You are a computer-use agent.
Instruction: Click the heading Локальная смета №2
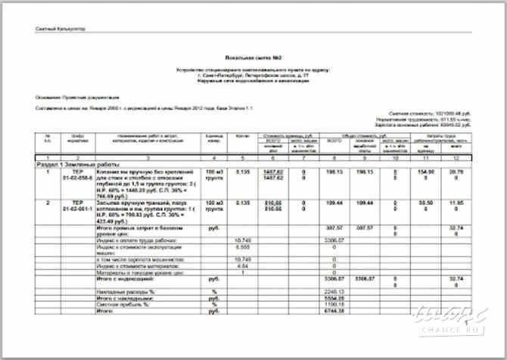[x=253, y=57]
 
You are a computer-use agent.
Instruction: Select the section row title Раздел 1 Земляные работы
[x=73, y=163]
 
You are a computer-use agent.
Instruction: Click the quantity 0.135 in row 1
[x=242, y=172]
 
